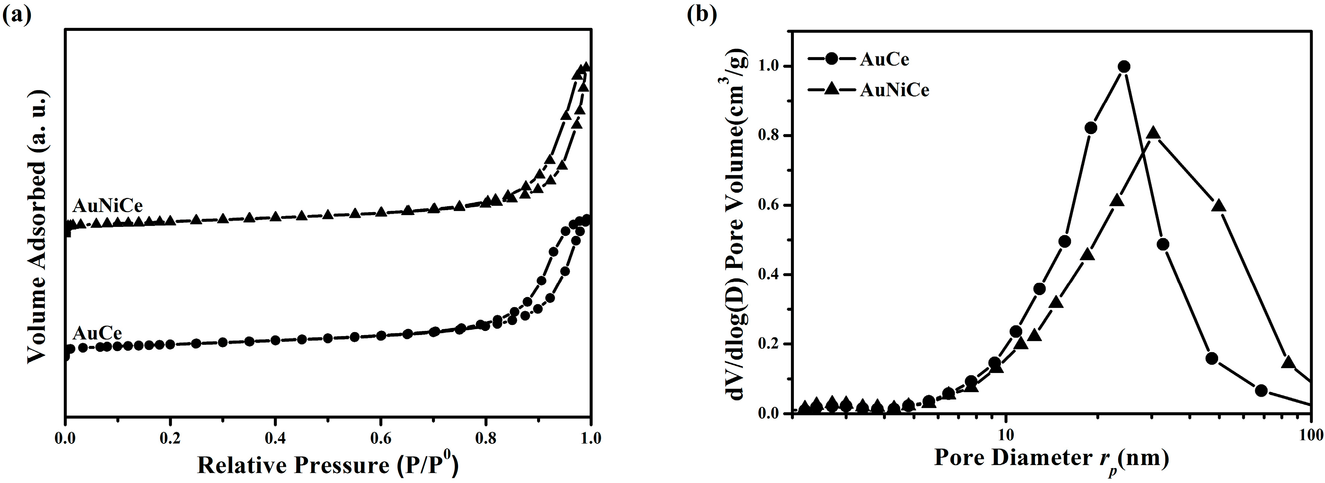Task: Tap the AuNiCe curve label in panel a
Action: (x=107, y=206)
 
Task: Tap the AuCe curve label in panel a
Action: (x=97, y=333)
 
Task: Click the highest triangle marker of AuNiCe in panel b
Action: (x=1153, y=133)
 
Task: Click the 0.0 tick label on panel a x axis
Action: (x=65, y=439)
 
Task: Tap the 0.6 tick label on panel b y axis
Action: (x=769, y=206)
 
